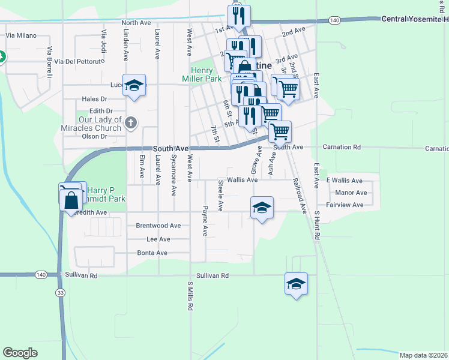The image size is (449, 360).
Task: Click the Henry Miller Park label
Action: coord(202,74)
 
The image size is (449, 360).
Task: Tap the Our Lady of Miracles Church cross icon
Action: coord(132,124)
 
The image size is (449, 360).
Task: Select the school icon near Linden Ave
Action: coord(134,85)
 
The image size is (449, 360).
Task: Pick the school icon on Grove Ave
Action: coord(262,207)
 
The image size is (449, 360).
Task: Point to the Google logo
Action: coord(20,353)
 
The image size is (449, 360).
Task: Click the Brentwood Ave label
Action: coord(158,226)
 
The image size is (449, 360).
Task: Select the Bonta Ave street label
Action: coord(152,253)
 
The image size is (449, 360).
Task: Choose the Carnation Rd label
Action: coord(342,147)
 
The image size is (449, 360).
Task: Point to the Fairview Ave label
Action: coord(349,205)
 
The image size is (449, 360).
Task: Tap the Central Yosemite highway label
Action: coord(415,19)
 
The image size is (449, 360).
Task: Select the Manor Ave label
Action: coord(351,193)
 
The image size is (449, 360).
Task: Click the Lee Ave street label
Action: coord(158,239)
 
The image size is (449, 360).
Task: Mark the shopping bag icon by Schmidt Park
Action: coord(71,199)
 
